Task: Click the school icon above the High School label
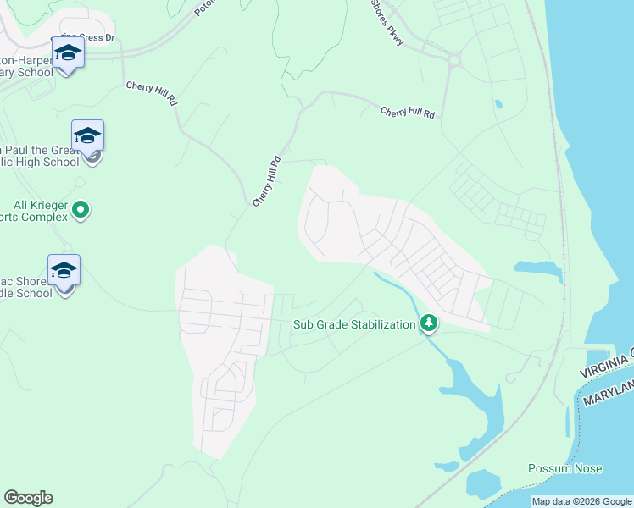coord(87,135)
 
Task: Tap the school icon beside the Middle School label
coord(64,270)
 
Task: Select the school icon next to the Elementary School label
coord(67,52)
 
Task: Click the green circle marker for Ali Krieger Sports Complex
coord(81,208)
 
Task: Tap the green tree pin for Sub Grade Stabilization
coord(430,323)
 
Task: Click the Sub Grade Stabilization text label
coord(354,324)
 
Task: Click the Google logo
coord(28,498)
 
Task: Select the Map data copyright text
coord(581,501)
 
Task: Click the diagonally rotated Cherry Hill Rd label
coord(266,180)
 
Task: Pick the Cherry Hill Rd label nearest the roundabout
coord(407,112)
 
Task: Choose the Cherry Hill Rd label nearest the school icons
coord(151,92)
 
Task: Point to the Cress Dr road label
coord(97,38)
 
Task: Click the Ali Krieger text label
coord(39,205)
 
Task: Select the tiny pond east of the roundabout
coord(498,105)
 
